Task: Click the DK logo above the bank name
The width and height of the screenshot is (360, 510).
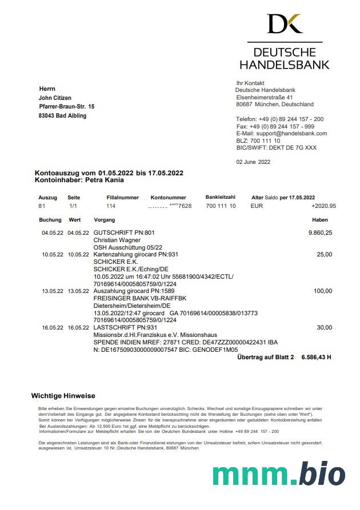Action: pos(285,23)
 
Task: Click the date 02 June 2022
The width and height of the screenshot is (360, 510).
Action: pos(253,162)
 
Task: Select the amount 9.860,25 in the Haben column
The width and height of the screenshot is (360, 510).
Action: pos(320,233)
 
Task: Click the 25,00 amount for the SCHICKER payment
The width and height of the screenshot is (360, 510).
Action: pos(324,255)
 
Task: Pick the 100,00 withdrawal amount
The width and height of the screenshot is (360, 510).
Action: pos(322,291)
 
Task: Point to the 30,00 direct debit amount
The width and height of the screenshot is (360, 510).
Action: pos(324,327)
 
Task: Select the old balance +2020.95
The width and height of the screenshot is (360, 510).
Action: pos(323,206)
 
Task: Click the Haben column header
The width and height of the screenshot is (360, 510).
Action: pos(320,220)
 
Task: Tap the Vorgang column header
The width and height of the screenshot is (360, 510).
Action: pos(104,220)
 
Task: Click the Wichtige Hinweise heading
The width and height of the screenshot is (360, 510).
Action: pos(63,396)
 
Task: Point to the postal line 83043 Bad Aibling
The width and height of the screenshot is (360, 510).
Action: pos(63,116)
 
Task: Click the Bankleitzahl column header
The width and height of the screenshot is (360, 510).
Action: pos(221,197)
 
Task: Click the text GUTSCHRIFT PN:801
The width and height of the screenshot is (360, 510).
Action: pos(123,233)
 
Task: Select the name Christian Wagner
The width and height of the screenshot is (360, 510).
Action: pos(117,240)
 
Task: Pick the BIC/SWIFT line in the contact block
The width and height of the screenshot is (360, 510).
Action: pos(276,148)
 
